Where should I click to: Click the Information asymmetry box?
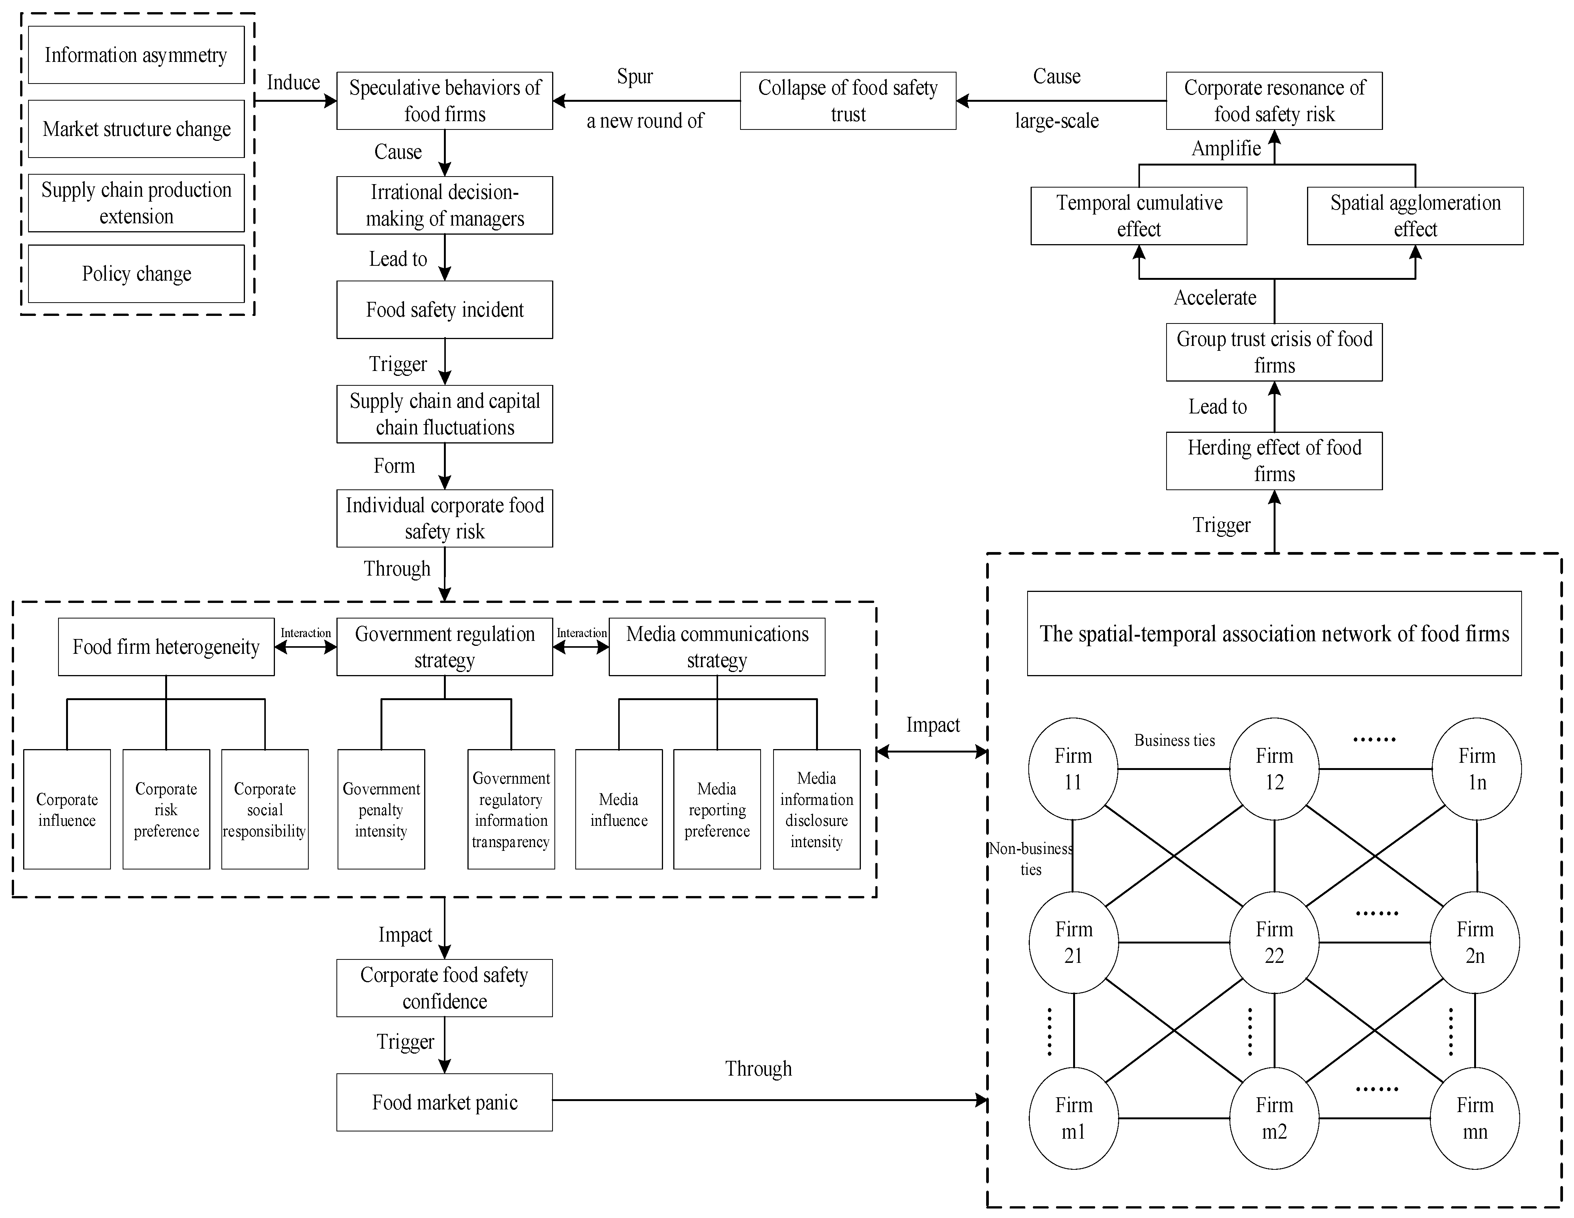coord(136,55)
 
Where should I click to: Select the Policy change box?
coord(136,274)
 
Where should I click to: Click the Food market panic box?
coord(445,1102)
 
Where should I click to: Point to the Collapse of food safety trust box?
coord(848,101)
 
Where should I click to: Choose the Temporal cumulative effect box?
coord(1139,216)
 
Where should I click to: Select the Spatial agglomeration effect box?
coord(1415,216)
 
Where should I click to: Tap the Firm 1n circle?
coord(1477,769)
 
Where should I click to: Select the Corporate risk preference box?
coord(166,809)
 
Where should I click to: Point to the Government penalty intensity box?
coord(381,809)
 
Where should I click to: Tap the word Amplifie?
coord(1226,148)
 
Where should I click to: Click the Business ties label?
coord(1175,740)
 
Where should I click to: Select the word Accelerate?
coord(1215,298)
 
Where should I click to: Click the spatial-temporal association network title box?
coord(1274,634)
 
